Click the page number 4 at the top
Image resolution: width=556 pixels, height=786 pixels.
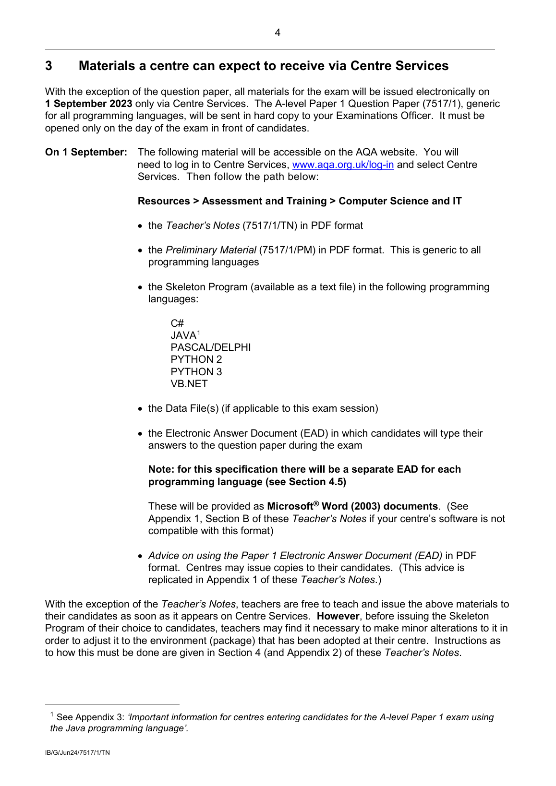278,33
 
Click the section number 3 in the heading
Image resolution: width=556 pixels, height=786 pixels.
48,66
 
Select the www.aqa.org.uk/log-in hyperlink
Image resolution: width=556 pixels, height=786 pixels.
343,165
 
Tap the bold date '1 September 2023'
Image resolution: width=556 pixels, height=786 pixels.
88,104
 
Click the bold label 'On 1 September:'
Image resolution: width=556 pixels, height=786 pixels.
86,152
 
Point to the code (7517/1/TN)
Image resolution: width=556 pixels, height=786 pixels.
270,226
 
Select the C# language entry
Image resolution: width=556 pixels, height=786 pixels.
177,323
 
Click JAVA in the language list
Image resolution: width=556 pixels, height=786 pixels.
183,335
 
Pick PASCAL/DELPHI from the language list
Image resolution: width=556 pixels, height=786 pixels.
210,347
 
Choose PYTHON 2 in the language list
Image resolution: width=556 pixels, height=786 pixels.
196,359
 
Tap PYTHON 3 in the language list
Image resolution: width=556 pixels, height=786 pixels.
196,372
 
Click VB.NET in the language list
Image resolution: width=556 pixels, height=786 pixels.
189,384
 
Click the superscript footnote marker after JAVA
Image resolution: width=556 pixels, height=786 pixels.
199,333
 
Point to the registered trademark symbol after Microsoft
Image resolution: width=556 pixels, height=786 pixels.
316,503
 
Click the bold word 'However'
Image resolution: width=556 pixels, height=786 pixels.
338,616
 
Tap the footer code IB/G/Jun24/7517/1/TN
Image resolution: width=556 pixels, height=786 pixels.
77,752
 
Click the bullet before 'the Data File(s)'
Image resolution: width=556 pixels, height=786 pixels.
140,409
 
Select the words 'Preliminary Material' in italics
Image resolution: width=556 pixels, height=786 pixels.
211,250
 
